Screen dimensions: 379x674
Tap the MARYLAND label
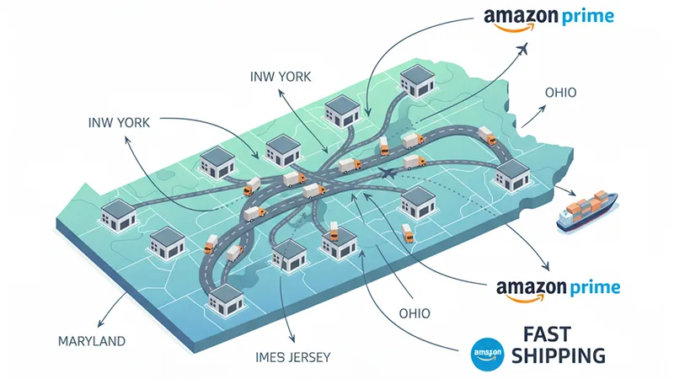pos(92,341)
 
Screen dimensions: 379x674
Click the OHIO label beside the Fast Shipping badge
pos(413,313)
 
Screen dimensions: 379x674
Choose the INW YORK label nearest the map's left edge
pos(119,122)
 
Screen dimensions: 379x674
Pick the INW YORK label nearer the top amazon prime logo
pos(281,77)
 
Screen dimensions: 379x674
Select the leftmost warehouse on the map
pos(116,214)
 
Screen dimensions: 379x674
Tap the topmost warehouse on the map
pos(416,80)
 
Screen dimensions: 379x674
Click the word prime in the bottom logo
pos(595,288)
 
